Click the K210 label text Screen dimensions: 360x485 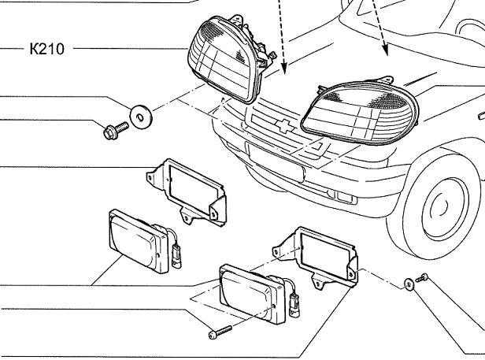click(46, 49)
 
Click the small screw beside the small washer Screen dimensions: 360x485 click(424, 277)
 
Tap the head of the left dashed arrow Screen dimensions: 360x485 click(284, 68)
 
